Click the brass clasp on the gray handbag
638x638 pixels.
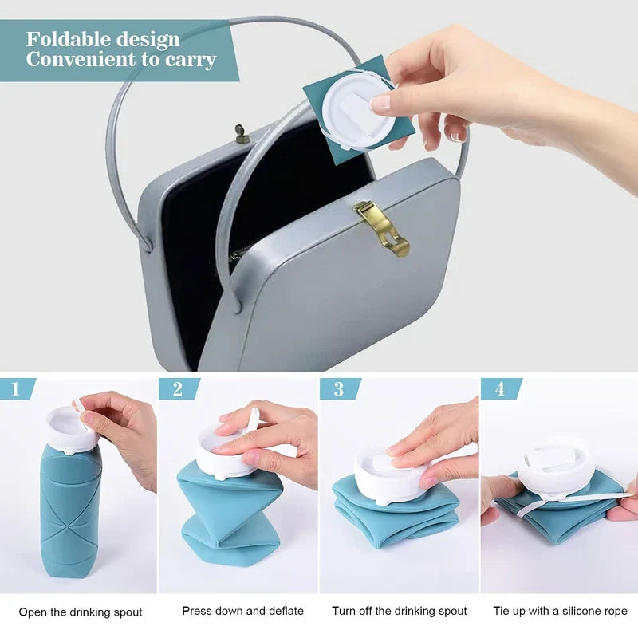[x=382, y=226]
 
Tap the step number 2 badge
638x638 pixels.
[x=176, y=389]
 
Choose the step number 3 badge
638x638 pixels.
[x=337, y=389]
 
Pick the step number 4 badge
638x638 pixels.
[x=499, y=389]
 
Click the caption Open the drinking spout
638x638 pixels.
[x=81, y=612]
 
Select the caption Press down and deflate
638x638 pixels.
[x=242, y=611]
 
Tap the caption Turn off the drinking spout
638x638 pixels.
[x=400, y=611]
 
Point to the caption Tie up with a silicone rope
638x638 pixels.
[x=560, y=611]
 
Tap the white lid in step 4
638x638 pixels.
[x=554, y=463]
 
